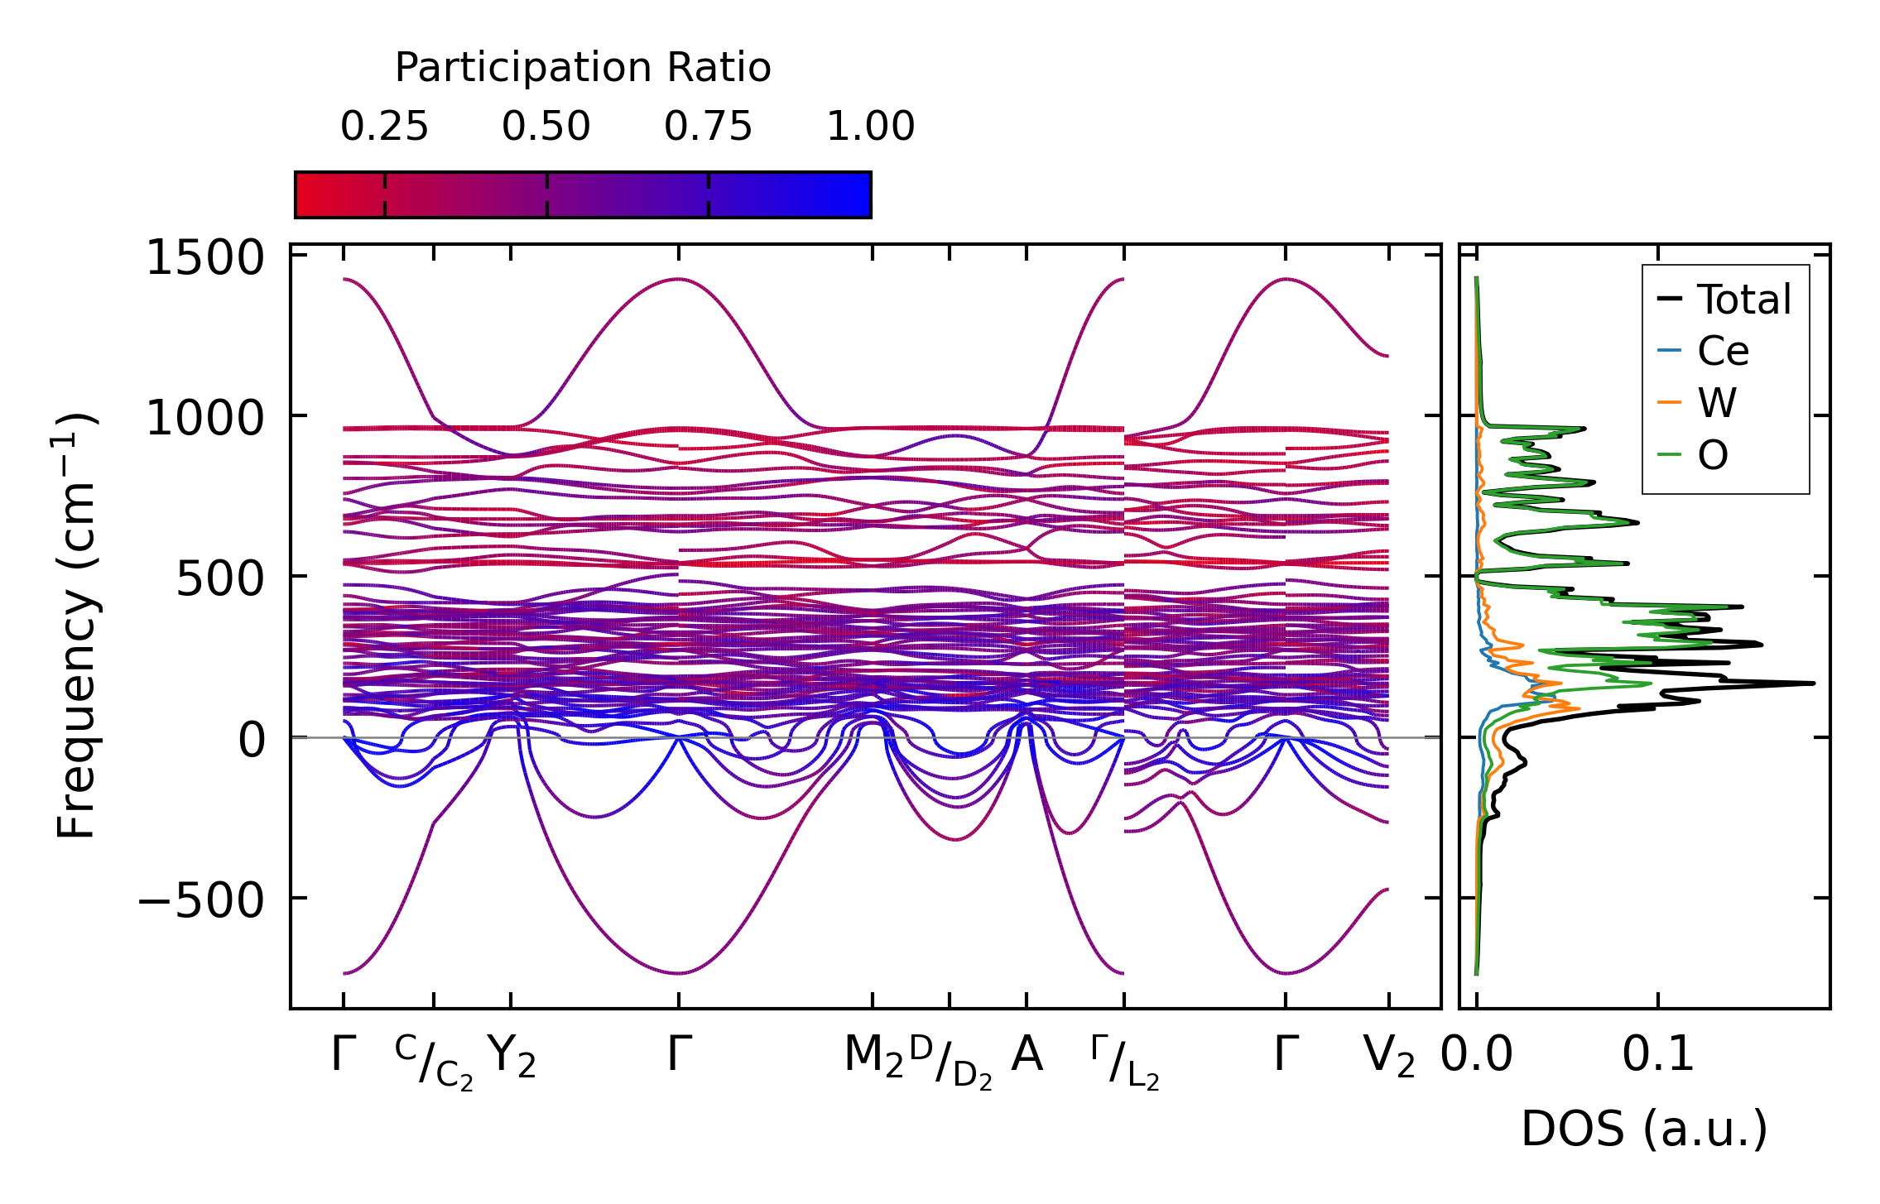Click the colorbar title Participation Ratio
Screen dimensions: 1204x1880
(x=583, y=68)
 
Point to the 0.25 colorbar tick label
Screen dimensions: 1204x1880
(x=384, y=127)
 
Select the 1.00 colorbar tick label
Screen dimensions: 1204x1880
(x=871, y=127)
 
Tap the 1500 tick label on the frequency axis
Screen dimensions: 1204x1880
(x=204, y=258)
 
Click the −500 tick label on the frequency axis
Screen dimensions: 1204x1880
(x=200, y=899)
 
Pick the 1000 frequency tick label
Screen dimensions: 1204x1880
(x=204, y=418)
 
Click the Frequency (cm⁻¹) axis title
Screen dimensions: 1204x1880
(x=77, y=626)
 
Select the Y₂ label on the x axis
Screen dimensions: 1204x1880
(x=511, y=1057)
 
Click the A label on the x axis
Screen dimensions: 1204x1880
(x=1027, y=1055)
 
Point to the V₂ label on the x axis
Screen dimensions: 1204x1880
(x=1388, y=1057)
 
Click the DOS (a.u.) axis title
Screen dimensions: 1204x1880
(x=1644, y=1130)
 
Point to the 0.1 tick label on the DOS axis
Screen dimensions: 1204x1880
(x=1657, y=1056)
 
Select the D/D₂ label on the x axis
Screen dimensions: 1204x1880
(x=950, y=1061)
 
